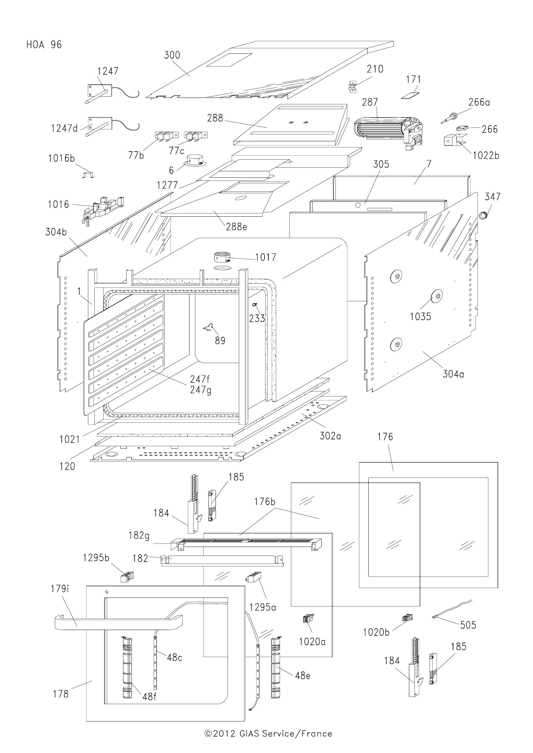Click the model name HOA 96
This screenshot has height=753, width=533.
point(44,45)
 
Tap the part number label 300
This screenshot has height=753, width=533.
point(172,55)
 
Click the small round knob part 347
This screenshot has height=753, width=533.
point(484,215)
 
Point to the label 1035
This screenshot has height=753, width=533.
point(421,317)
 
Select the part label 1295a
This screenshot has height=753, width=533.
point(262,608)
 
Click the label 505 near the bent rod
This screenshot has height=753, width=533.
point(468,625)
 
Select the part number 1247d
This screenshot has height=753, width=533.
point(64,128)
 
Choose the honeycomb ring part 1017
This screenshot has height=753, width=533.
point(222,258)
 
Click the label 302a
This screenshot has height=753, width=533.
point(330,436)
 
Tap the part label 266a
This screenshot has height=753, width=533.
point(479,102)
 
